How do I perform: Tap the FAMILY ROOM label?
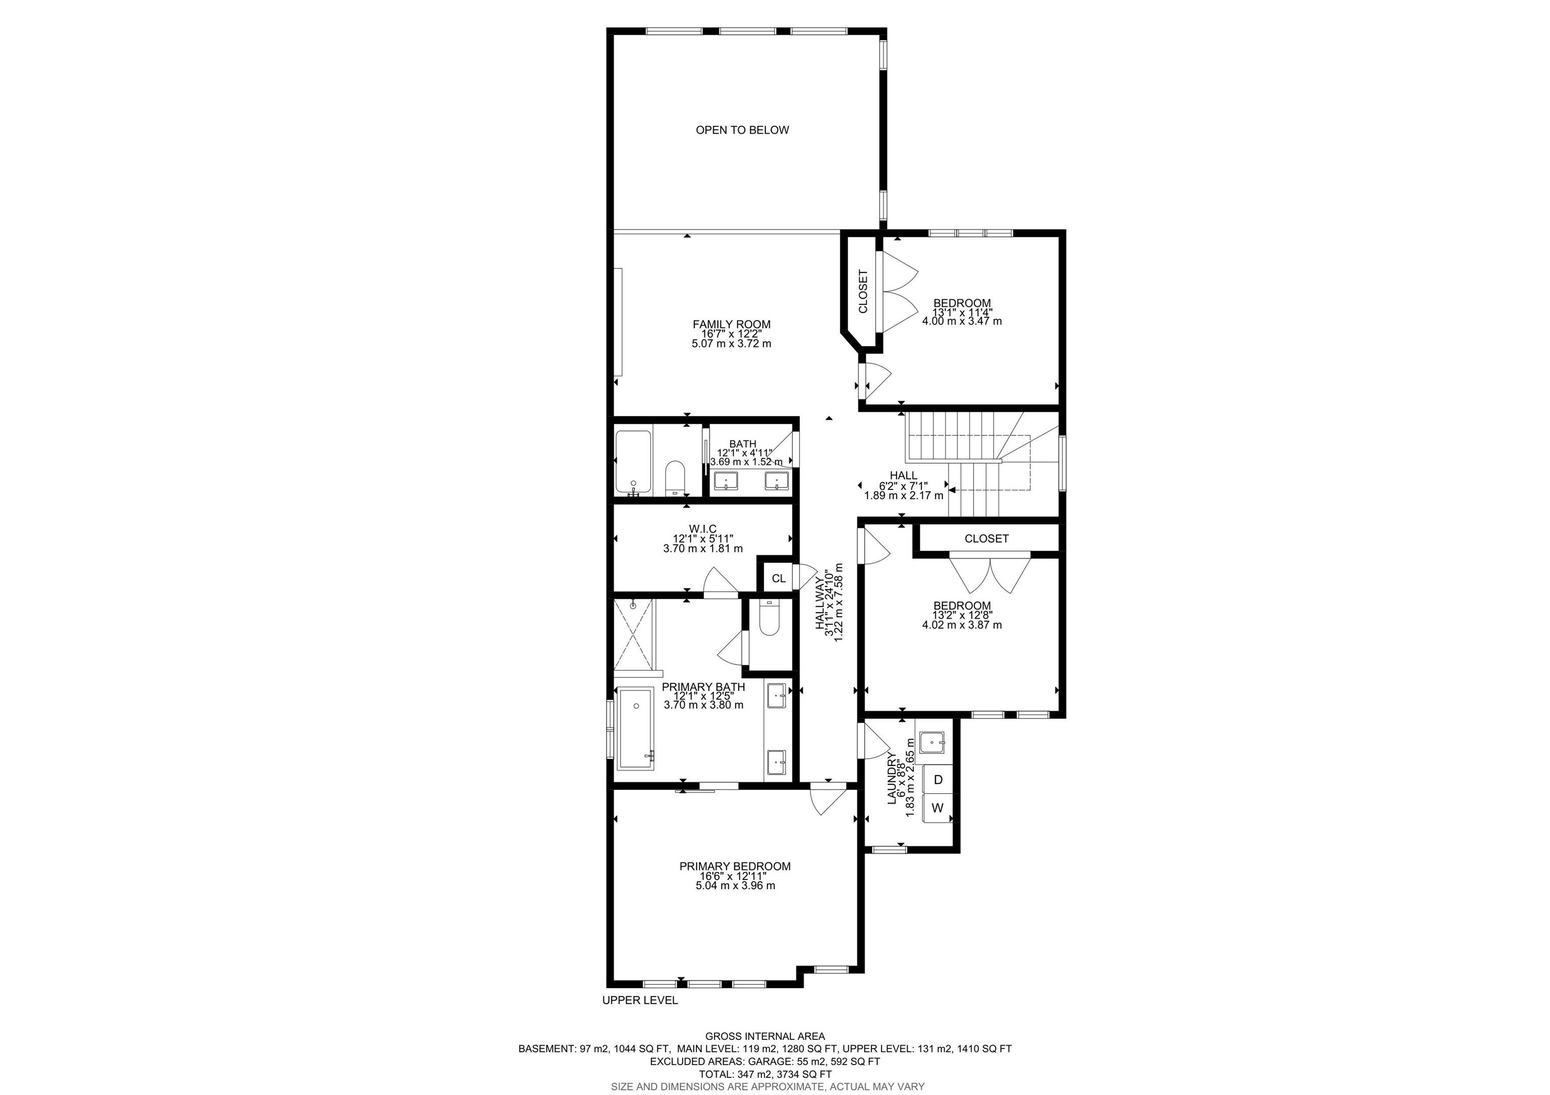coord(731,324)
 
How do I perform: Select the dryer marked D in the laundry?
coord(937,780)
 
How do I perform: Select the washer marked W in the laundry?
coord(937,808)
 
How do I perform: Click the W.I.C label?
coord(703,529)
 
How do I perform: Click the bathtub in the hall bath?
coord(633,462)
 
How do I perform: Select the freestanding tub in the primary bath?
coord(636,728)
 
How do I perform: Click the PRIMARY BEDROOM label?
coord(735,866)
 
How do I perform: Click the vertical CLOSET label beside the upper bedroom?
coord(863,292)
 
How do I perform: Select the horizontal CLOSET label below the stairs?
coord(986,538)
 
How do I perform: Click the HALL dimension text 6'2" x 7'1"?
coord(903,485)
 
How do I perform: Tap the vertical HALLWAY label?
coord(819,603)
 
